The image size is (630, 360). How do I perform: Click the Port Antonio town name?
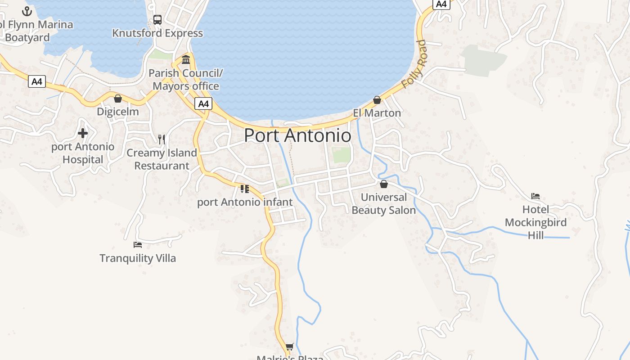(x=297, y=135)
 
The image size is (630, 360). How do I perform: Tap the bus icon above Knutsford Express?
(x=157, y=20)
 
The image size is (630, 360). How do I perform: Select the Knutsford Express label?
(x=157, y=33)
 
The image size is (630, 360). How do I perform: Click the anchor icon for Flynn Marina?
(x=27, y=11)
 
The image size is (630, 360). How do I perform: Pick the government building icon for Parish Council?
(x=186, y=60)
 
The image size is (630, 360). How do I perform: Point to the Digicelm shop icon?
(x=118, y=99)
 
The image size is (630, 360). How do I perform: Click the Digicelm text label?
(x=118, y=112)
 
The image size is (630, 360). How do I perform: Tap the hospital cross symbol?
(x=83, y=133)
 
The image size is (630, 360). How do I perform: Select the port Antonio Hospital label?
(x=83, y=153)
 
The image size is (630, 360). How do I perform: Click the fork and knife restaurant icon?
(x=162, y=139)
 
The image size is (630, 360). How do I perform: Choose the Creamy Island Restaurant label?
(x=162, y=159)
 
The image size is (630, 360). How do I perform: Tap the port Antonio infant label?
(x=245, y=202)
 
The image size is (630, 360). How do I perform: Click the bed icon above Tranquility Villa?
(x=138, y=245)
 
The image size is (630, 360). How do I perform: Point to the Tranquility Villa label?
(x=138, y=258)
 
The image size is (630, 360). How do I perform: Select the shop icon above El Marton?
(x=377, y=100)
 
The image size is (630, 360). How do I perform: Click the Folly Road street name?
(x=414, y=64)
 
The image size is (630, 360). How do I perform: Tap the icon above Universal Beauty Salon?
(x=384, y=184)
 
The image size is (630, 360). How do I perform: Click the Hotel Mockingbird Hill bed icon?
(x=535, y=196)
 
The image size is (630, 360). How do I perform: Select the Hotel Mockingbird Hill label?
(x=535, y=222)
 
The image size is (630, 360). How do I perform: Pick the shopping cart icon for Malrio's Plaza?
(x=290, y=346)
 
